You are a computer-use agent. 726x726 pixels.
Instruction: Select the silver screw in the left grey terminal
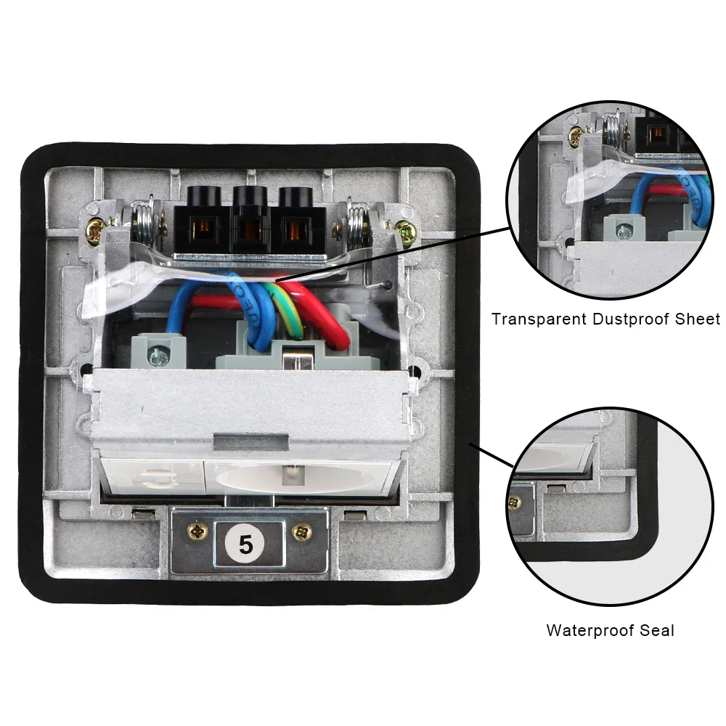click(x=156, y=355)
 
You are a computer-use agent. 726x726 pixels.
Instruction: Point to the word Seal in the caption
click(x=656, y=630)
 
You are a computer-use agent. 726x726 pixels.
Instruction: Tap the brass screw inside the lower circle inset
click(x=515, y=502)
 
